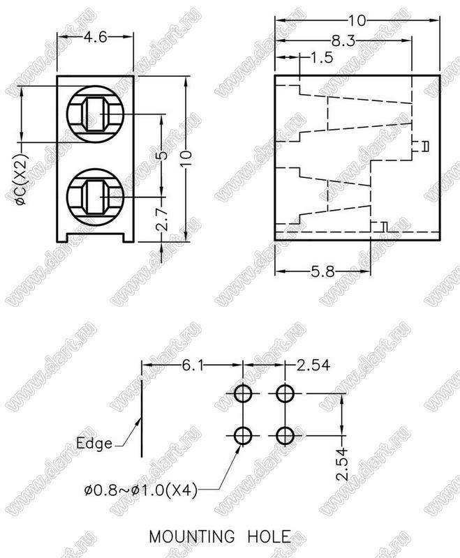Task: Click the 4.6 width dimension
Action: [x=95, y=37]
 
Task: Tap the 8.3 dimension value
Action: [x=343, y=41]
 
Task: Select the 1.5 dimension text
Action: [x=322, y=57]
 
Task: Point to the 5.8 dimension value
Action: [x=323, y=272]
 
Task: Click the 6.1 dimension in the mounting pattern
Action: [x=193, y=365]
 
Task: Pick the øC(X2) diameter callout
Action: [x=22, y=180]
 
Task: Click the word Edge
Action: [x=94, y=443]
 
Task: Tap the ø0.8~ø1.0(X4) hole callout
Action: [x=140, y=491]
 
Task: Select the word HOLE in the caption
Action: [x=269, y=536]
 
